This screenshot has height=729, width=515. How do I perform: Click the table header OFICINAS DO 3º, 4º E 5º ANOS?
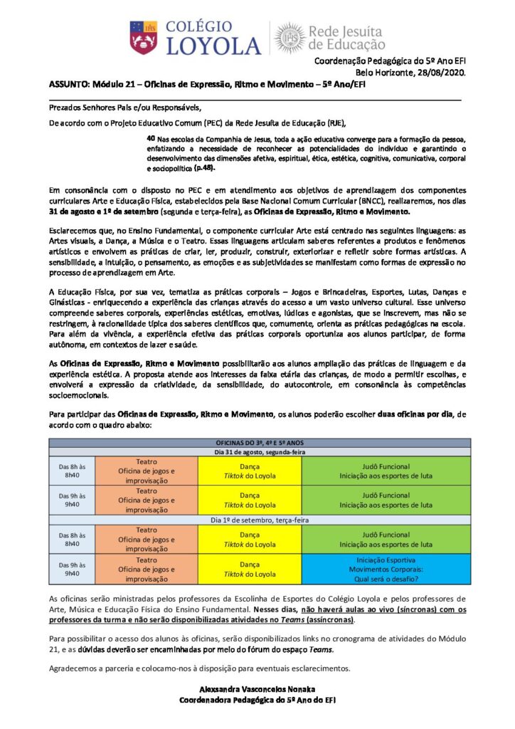tap(260, 442)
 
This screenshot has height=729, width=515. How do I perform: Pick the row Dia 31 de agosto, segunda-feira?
tap(260, 451)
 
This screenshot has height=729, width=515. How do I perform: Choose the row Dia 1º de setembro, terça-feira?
tap(260, 520)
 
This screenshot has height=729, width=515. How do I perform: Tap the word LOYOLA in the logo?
tap(213, 47)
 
